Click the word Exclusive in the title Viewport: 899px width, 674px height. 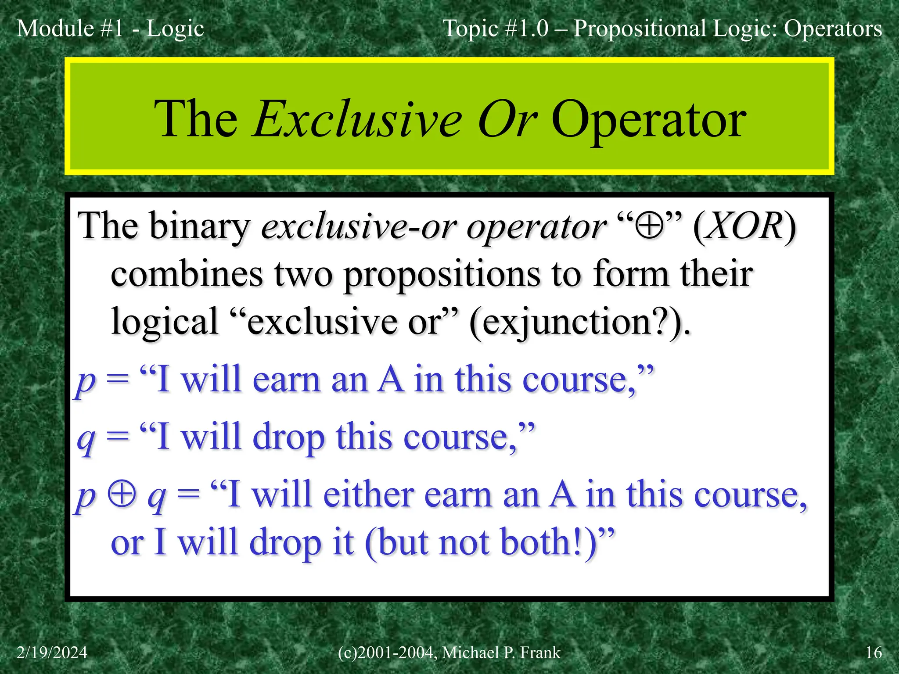point(358,119)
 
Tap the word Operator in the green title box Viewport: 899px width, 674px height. point(648,119)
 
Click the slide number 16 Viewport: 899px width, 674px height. point(874,652)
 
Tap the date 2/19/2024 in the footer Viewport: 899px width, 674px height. point(52,652)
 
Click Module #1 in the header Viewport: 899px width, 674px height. point(70,29)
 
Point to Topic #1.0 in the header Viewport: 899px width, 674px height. point(496,29)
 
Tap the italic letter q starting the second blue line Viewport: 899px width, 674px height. point(86,439)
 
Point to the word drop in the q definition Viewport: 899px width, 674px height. point(288,437)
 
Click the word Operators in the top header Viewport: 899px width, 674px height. point(833,29)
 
